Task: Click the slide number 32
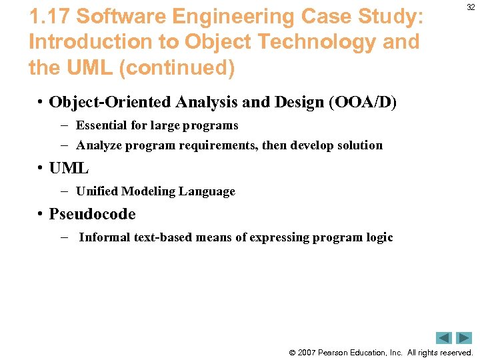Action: pos(471,7)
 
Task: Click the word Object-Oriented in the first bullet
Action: pos(110,102)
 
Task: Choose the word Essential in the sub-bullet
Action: pos(102,125)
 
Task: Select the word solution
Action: pos(360,145)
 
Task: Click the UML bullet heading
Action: pos(69,168)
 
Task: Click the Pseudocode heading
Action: pos(92,214)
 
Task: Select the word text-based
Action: pos(161,237)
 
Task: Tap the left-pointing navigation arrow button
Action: pos(444,338)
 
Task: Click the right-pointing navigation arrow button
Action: pos(464,338)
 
